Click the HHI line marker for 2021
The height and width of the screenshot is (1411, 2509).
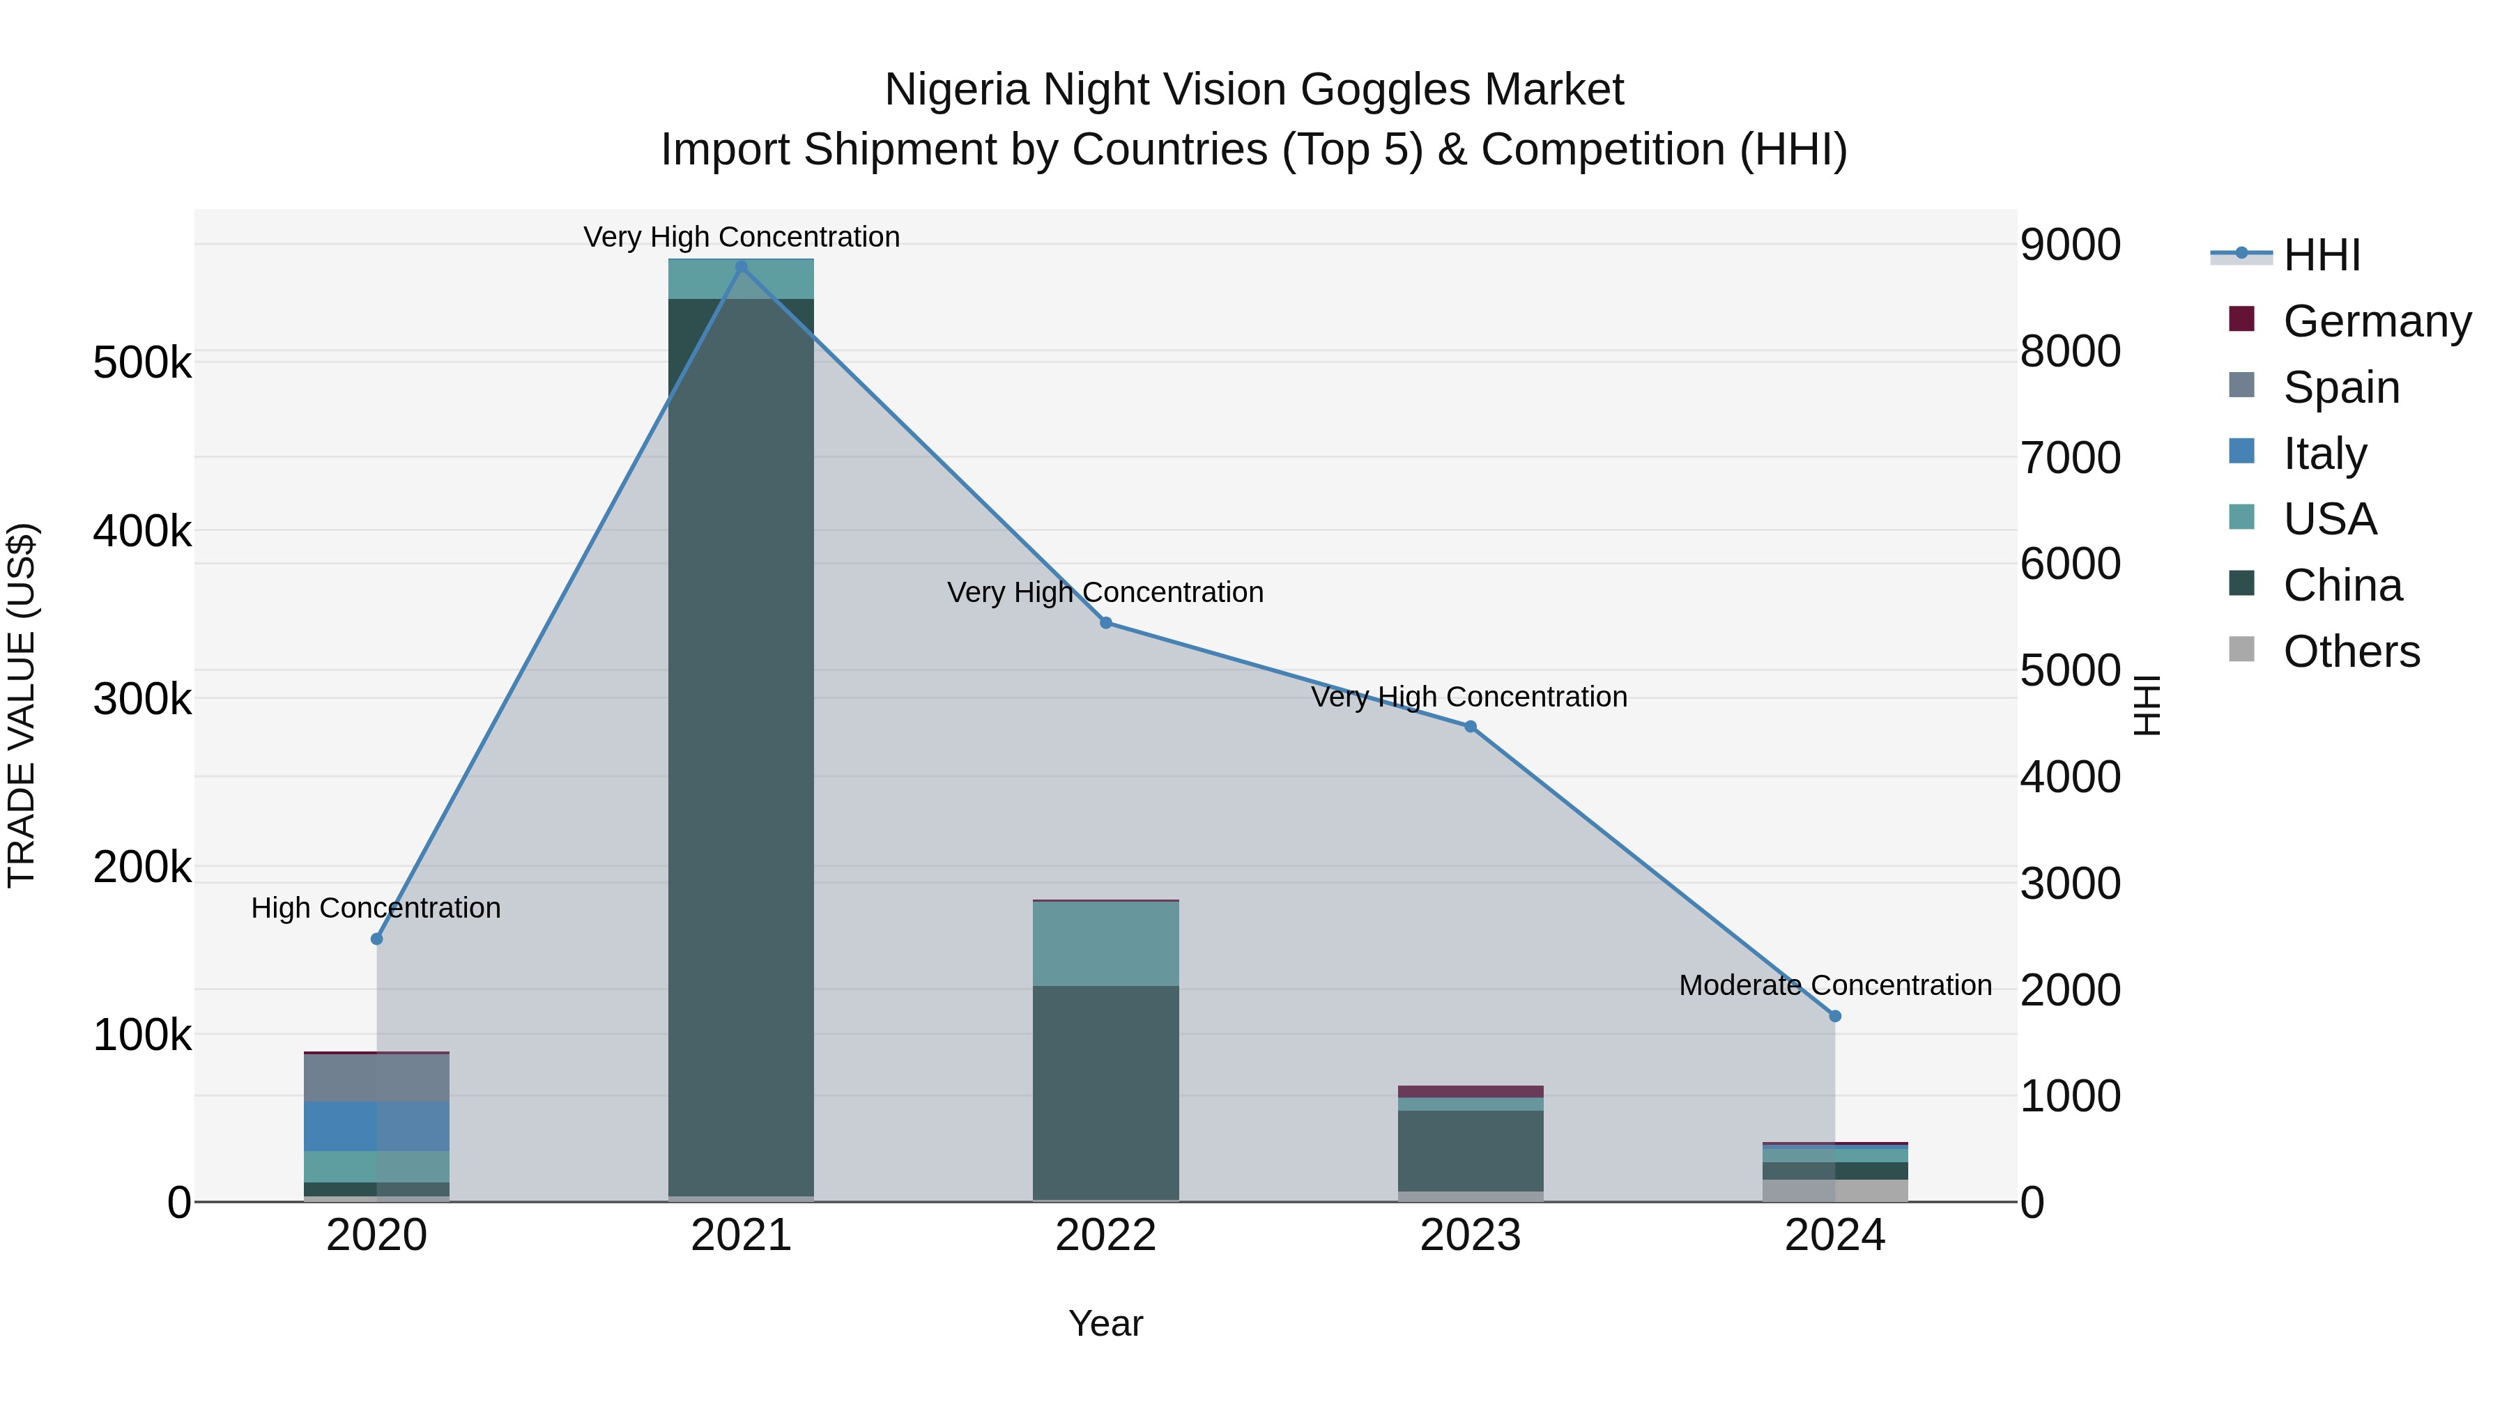click(x=742, y=267)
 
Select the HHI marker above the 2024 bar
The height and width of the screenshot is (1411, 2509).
click(x=1835, y=1016)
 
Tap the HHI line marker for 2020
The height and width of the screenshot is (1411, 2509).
click(x=377, y=939)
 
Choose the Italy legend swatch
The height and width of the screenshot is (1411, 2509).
click(x=2241, y=452)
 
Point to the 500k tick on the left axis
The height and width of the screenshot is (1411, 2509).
click(x=142, y=363)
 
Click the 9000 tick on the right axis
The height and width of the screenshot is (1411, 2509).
click(x=2070, y=245)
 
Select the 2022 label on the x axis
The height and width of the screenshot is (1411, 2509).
click(x=1105, y=1235)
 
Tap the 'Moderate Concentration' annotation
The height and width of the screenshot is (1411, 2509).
click(x=1835, y=985)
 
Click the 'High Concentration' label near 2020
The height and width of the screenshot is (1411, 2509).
click(x=376, y=907)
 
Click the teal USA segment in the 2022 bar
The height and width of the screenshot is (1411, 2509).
click(x=1105, y=943)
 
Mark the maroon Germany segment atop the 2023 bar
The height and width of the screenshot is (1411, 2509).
click(x=1470, y=1092)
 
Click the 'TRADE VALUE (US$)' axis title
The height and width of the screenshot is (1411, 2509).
click(x=22, y=705)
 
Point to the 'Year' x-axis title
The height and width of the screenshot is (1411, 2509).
click(x=1105, y=1323)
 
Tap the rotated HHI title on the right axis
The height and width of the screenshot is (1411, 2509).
click(x=2147, y=705)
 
